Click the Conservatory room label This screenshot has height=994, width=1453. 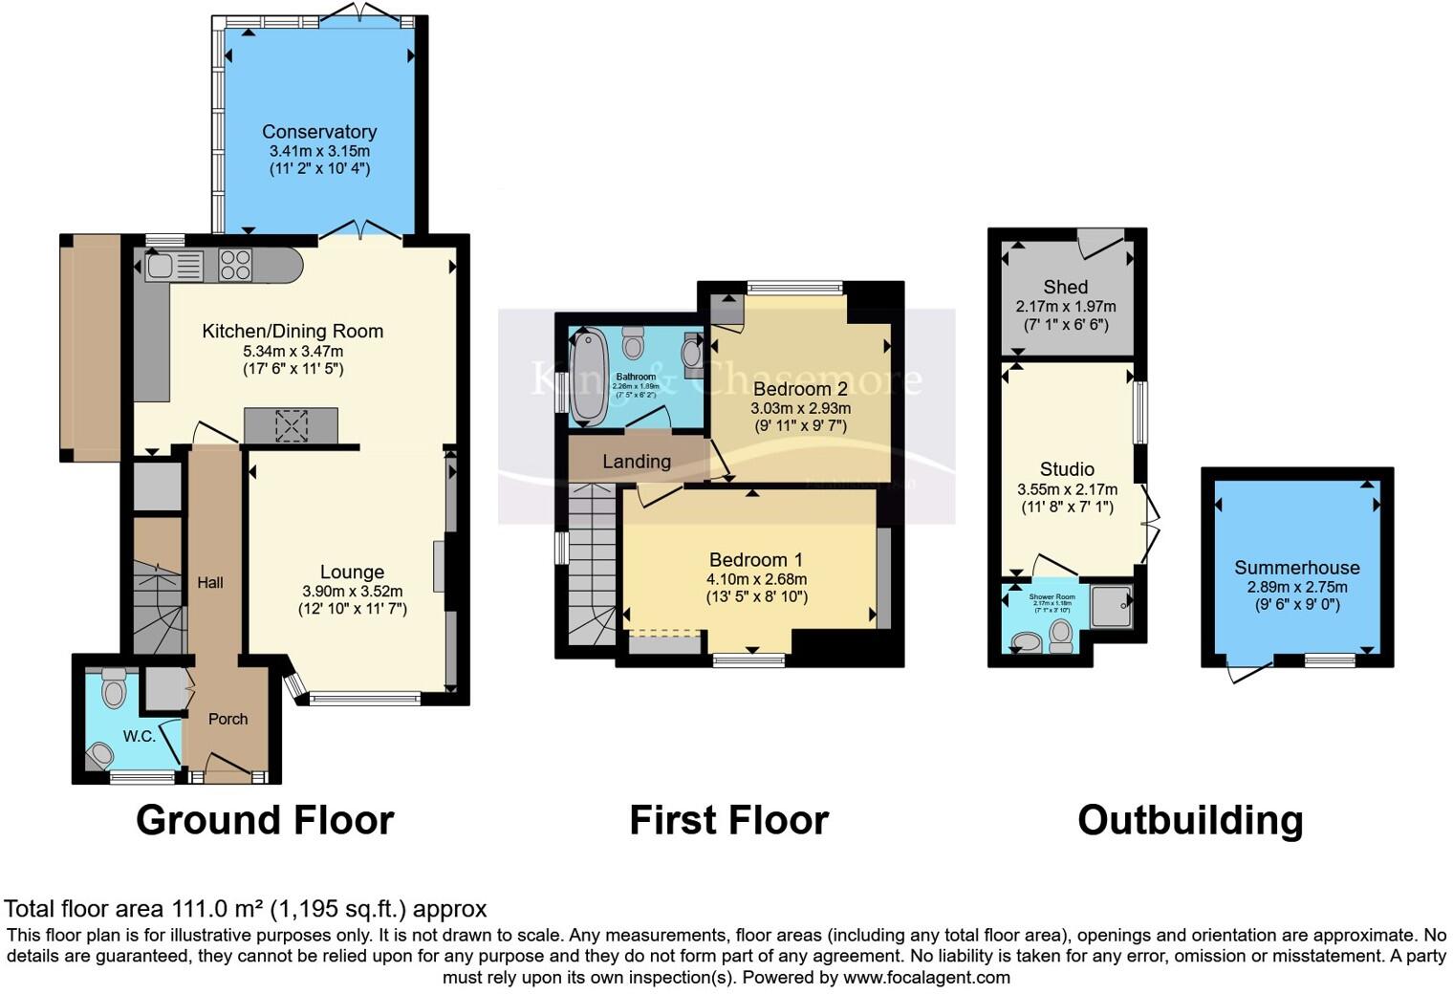tap(319, 132)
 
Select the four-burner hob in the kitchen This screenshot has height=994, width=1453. tap(235, 265)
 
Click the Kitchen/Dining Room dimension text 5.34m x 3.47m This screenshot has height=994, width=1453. tap(293, 351)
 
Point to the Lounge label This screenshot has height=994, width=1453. tap(352, 572)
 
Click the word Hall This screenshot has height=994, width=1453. tap(210, 582)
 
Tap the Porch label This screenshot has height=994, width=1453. tap(228, 719)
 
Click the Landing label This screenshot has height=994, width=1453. tap(637, 462)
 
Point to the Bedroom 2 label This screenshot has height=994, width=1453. tap(800, 389)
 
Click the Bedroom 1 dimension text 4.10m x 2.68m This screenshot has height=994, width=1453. tap(756, 579)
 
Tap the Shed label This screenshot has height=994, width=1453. tap(1066, 287)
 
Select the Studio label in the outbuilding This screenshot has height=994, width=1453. tap(1067, 469)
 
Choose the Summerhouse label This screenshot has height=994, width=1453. tap(1296, 568)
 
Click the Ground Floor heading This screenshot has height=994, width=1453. tap(265, 820)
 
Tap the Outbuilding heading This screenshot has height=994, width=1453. tap(1190, 820)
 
